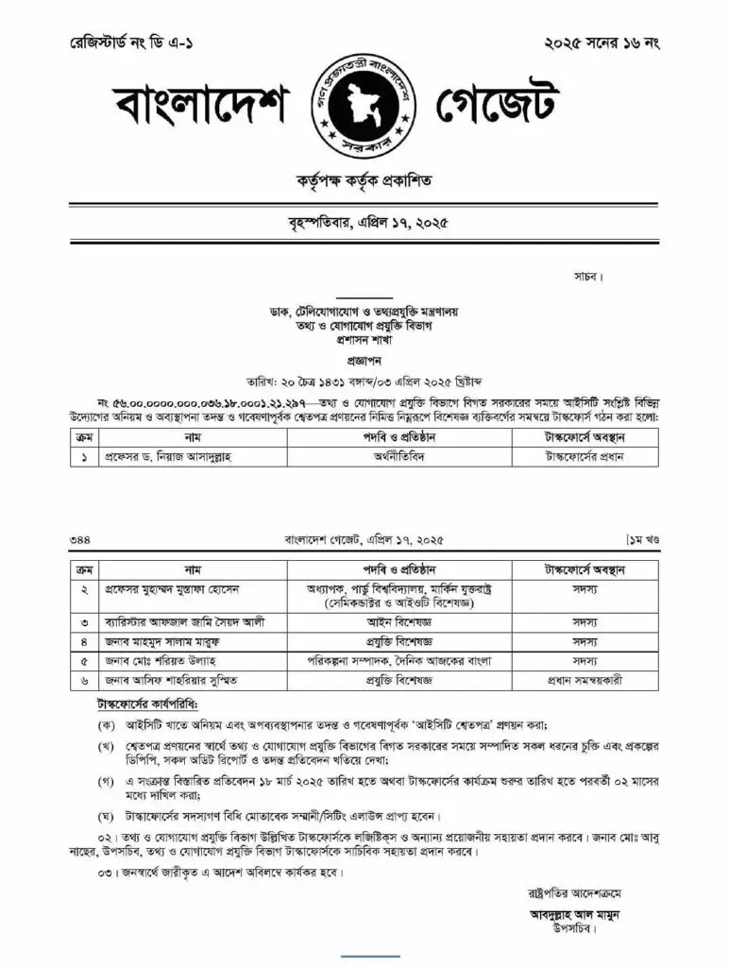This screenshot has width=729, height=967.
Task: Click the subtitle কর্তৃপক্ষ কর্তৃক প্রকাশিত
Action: coord(364,181)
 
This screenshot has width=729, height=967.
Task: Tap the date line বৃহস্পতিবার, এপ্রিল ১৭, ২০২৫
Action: coord(364,225)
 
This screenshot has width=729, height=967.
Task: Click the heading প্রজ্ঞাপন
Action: coord(364,361)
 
